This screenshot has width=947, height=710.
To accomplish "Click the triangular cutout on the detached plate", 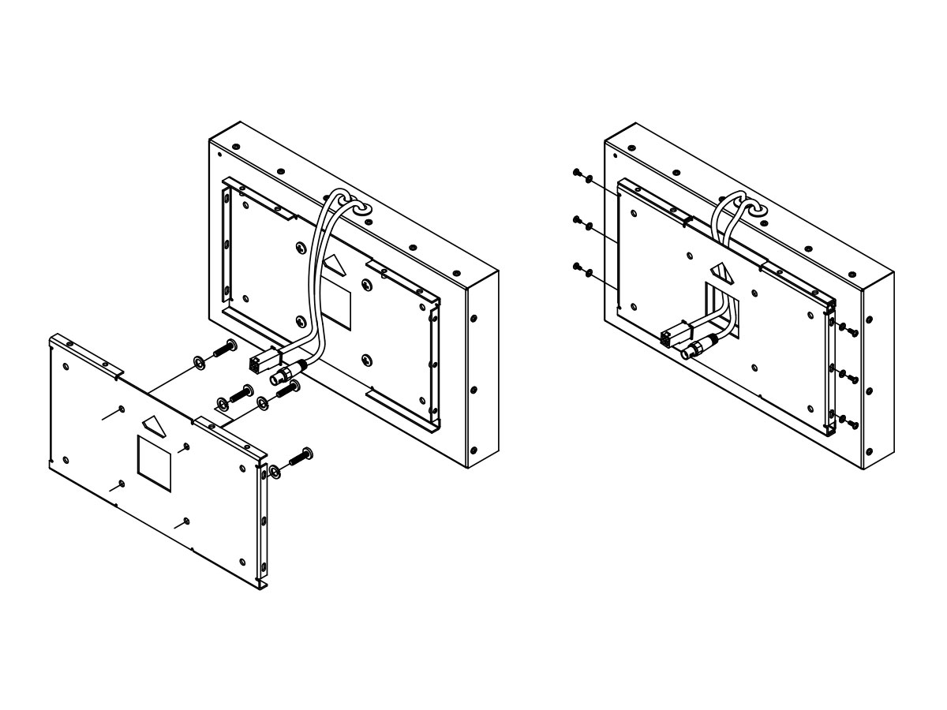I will [x=153, y=425].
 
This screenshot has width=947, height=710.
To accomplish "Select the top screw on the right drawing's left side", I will [x=578, y=173].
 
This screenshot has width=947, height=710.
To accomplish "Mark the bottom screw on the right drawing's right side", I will [x=853, y=424].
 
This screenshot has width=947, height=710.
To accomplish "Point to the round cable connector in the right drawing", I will [x=694, y=349].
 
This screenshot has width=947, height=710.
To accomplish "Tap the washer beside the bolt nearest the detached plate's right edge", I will [x=274, y=471].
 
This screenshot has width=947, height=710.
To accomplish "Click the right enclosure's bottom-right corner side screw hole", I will [x=869, y=451].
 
